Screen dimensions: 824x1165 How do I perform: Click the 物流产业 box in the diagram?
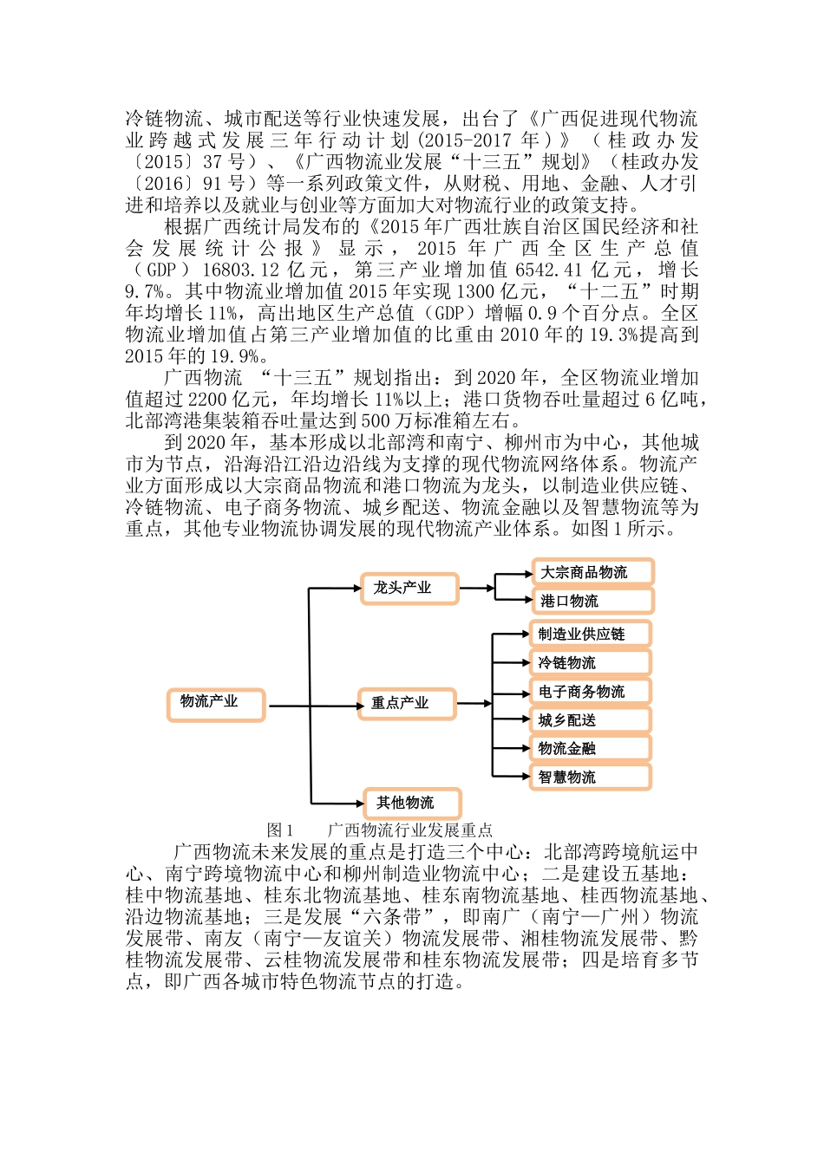pos(216,704)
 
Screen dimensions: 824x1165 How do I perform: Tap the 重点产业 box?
pos(407,704)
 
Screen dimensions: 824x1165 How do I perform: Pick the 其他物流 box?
pos(412,804)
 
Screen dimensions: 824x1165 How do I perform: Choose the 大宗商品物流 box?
pos(592,572)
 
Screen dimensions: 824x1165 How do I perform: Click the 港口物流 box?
pos(592,601)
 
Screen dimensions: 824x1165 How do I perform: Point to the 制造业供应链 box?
pos(590,635)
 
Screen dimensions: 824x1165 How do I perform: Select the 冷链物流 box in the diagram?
pos(590,663)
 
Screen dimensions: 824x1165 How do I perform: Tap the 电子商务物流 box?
pos(590,692)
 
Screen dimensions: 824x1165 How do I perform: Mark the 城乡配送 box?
pos(590,720)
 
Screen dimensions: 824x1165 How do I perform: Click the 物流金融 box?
pos(590,749)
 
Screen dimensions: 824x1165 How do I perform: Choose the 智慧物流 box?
pos(590,778)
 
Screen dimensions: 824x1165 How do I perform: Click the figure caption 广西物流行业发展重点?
pos(410,830)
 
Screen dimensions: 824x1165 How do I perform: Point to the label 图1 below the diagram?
pos(280,830)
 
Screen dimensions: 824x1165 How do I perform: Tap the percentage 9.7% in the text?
pos(143,292)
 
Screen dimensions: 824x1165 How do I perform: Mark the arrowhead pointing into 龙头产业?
pos(356,589)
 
